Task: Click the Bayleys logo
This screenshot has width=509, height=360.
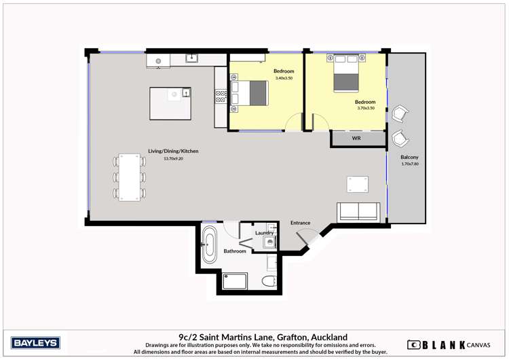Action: coord(36,342)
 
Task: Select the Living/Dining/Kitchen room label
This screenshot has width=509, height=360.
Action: coord(173,151)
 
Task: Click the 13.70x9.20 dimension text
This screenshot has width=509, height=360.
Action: coord(173,159)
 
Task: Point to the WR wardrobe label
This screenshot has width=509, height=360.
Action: coord(356,139)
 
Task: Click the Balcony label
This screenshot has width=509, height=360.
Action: coord(409,157)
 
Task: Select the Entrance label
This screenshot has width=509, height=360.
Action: coord(300,223)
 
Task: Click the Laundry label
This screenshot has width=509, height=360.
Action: coord(264,233)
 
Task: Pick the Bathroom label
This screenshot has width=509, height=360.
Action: coord(235,251)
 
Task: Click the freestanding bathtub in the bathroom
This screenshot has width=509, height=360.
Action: coord(209,245)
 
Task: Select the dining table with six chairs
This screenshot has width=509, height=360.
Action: coord(129,176)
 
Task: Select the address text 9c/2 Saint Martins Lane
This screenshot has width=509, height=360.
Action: coord(263,337)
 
